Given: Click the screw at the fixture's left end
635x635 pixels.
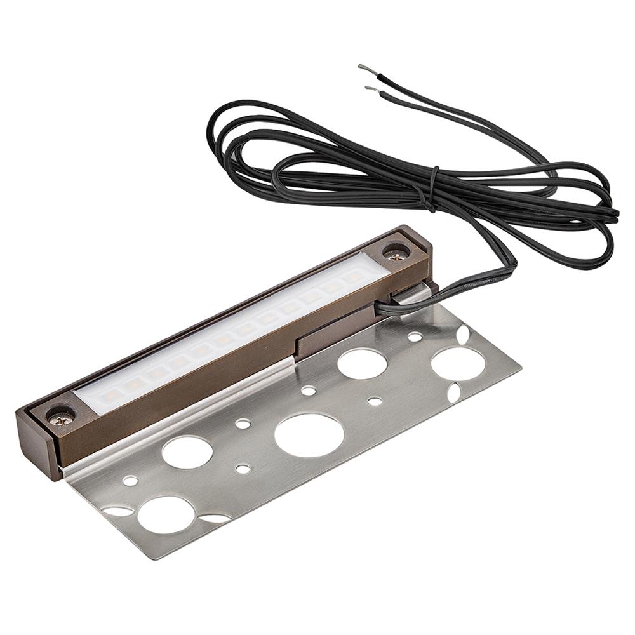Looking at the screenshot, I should pos(62,417).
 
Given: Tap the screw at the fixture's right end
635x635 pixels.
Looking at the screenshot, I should pos(396,255).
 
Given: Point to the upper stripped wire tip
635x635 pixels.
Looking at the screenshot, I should pos(362,67).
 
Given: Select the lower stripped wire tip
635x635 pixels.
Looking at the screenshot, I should pos(369,88).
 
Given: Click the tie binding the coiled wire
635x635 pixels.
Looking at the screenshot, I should pos(433,189).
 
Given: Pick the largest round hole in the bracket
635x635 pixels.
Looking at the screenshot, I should pos(309,435).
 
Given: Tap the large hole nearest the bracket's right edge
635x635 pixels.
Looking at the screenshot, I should pos(458,364).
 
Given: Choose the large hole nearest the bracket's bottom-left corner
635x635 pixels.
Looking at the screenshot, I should pos(166,514).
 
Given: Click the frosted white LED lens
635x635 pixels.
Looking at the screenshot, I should pos(229,336).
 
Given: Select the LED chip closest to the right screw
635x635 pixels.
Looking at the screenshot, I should pos(351,279).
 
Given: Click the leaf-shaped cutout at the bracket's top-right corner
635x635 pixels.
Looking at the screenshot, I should pos(462,334).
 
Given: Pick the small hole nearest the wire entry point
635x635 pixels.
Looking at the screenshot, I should pos(414,337).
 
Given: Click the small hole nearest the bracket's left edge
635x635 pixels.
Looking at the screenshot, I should pos(130,480).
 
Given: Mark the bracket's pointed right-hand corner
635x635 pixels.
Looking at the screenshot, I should pos(519,367).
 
